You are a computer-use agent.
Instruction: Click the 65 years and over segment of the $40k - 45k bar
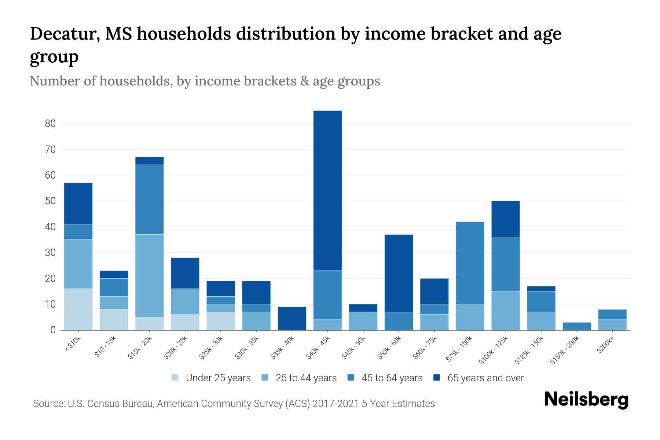(327, 191)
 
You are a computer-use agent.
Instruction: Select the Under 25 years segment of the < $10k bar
(78, 309)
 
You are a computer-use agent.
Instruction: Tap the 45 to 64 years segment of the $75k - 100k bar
(470, 263)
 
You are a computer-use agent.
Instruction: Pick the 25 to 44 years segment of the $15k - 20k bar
(149, 275)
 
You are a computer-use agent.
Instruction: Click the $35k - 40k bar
(292, 318)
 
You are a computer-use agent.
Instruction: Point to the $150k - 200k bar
(577, 326)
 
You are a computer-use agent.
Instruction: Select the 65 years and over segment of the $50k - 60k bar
(399, 273)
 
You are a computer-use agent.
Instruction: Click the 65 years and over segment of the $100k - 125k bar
(505, 219)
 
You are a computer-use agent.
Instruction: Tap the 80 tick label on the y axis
(50, 124)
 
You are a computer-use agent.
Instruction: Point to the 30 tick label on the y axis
(50, 253)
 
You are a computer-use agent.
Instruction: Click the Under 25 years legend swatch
(175, 378)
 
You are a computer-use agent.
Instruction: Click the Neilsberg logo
(586, 400)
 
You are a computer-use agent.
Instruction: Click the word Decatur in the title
(63, 34)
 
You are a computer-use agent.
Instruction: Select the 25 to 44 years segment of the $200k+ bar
(612, 324)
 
